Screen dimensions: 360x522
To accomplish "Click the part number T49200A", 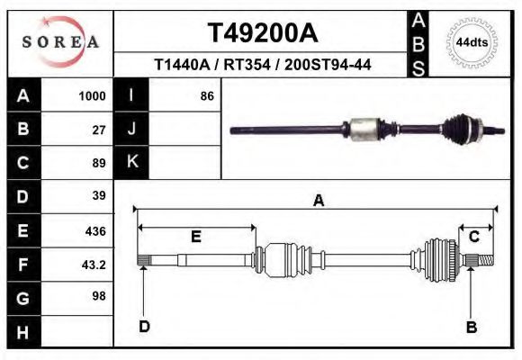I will tap(262, 33).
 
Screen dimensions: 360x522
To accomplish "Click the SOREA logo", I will tap(60, 41).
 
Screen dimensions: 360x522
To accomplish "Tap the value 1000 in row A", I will tap(93, 95).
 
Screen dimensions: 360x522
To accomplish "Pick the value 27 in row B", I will tap(99, 129).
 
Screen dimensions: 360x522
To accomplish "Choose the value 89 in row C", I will tap(99, 163).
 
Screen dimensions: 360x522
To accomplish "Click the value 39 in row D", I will tap(99, 196).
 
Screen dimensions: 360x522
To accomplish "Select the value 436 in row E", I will tap(95, 231).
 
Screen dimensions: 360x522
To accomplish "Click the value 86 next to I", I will tap(206, 95).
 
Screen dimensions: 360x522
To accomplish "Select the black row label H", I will tap(22, 333).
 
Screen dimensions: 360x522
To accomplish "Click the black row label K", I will tap(132, 162).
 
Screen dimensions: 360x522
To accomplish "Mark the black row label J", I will tap(132, 129).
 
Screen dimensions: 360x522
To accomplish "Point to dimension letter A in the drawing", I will tap(318, 201).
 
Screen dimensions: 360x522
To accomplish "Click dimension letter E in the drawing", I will tap(195, 237).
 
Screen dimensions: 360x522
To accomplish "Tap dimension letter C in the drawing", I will tap(473, 237).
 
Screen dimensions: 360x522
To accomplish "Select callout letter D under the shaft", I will tap(144, 326).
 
